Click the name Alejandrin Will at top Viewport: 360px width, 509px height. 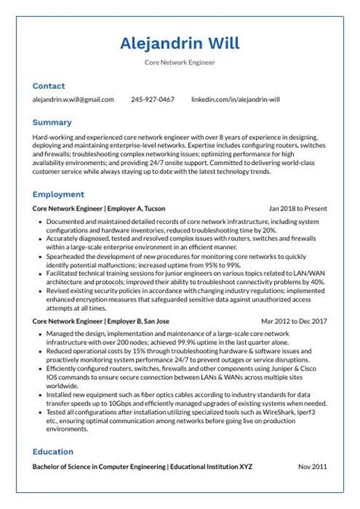[x=180, y=43]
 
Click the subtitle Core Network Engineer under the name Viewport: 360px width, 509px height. [x=180, y=62]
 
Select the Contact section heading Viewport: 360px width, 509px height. [x=49, y=86]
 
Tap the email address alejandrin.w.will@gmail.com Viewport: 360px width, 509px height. [x=73, y=100]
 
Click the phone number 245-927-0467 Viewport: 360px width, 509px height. [x=152, y=100]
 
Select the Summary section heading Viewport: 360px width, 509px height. [x=52, y=122]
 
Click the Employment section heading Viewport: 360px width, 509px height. [x=58, y=194]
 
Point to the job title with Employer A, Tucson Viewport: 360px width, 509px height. [x=99, y=207]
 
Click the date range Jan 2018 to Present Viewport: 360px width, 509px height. [x=298, y=207]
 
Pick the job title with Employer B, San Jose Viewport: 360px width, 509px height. [x=101, y=321]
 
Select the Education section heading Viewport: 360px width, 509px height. [x=52, y=451]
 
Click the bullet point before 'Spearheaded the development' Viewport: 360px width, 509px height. [x=39, y=256]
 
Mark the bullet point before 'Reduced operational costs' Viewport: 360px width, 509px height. [x=39, y=352]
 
